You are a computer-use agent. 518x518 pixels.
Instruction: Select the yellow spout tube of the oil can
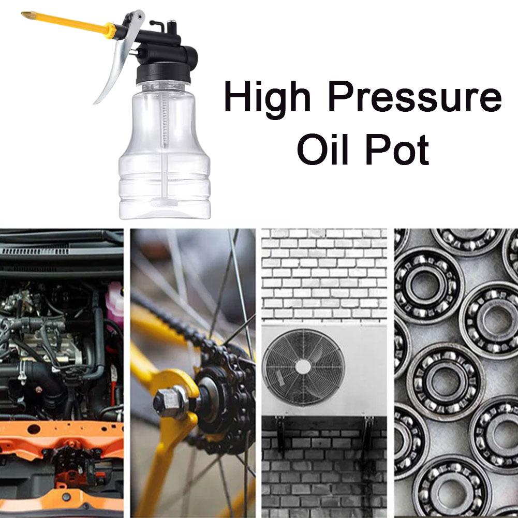pos(67,23)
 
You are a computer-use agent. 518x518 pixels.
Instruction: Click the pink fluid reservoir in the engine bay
pos(115,302)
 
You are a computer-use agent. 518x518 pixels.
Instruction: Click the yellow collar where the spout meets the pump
pos(111,31)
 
